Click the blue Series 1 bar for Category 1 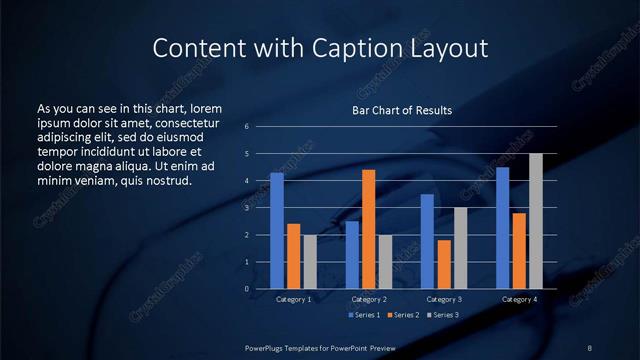point(277,231)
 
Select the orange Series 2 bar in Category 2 point(369,229)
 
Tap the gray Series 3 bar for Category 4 point(536,221)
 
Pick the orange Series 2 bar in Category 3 point(444,264)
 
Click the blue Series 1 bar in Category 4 point(503,228)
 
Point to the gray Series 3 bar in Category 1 point(310,262)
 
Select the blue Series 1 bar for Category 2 point(352,255)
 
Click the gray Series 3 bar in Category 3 point(461,248)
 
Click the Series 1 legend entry point(364,315)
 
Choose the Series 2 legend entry point(402,315)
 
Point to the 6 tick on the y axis point(246,127)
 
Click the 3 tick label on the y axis point(246,208)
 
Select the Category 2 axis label point(369,299)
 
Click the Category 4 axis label point(519,299)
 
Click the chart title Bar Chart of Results point(402,110)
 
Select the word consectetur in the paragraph point(186,121)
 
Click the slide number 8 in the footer point(589,346)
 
